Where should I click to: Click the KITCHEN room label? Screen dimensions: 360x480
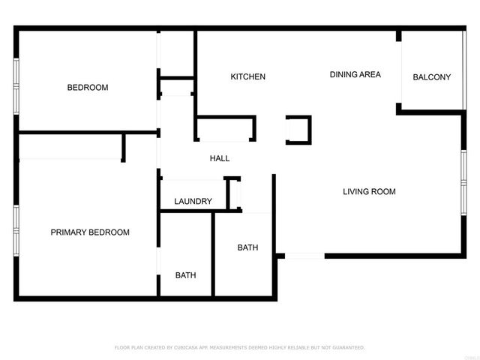pos(247,77)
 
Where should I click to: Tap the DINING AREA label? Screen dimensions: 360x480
pos(355,74)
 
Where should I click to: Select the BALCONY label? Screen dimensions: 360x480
pos(432,77)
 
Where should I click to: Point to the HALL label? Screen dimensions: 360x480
pos(220,158)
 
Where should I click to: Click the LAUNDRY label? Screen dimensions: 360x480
pos(193,202)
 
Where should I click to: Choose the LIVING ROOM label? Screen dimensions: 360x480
pos(369,192)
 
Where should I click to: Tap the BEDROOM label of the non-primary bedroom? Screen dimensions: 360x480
pos(88,88)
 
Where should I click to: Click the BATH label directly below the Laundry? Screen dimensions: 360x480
pos(186,275)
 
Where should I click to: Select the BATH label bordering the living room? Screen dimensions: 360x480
pos(247,247)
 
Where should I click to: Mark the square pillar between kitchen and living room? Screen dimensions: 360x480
pos(298,130)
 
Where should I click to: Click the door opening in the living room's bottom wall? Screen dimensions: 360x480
pos(304,256)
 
